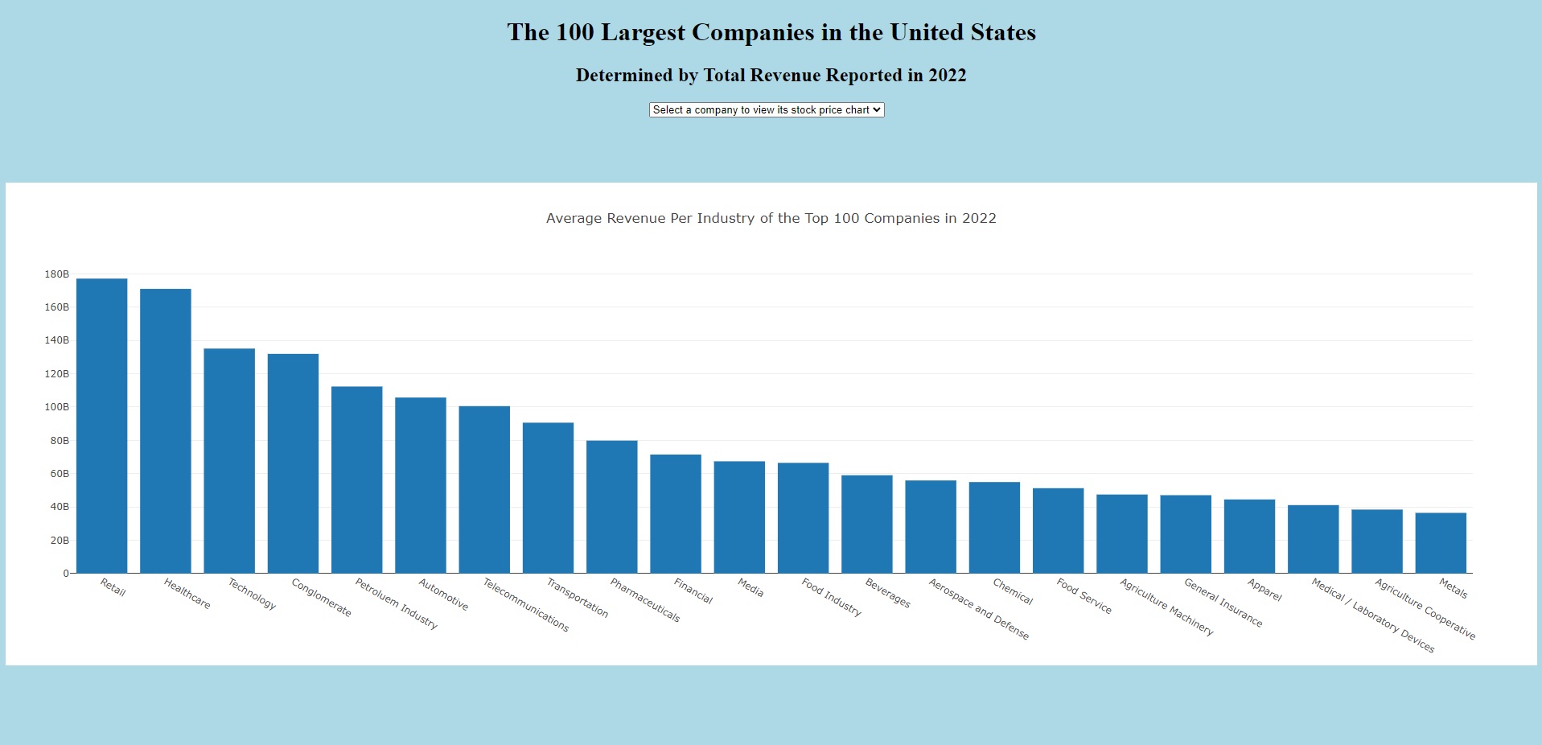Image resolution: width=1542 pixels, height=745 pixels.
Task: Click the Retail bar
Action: pyautogui.click(x=101, y=426)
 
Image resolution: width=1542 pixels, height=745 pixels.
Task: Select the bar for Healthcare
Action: pyautogui.click(x=165, y=431)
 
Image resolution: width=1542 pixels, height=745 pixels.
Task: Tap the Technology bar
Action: pyautogui.click(x=229, y=461)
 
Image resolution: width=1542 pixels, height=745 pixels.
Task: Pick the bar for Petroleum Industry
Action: pyautogui.click(x=356, y=480)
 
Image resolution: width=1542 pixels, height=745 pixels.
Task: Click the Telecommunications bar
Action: pyautogui.click(x=484, y=490)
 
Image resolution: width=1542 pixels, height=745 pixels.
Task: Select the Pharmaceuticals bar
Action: pyautogui.click(x=611, y=507)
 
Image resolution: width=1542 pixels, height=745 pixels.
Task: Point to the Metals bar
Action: pyautogui.click(x=1441, y=543)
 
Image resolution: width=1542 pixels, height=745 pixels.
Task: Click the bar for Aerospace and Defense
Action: pyautogui.click(x=931, y=527)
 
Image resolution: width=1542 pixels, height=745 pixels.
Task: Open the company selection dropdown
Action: pyautogui.click(x=767, y=110)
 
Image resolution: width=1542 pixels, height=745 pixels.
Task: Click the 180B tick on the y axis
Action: pyautogui.click(x=56, y=274)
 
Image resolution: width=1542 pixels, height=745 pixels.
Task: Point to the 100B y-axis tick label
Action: pyautogui.click(x=56, y=407)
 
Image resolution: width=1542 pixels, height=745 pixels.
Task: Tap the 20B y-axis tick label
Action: pyautogui.click(x=60, y=541)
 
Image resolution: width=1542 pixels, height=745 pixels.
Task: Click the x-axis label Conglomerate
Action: pyautogui.click(x=321, y=598)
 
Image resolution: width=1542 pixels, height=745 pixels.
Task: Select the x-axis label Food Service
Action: pyautogui.click(x=1084, y=596)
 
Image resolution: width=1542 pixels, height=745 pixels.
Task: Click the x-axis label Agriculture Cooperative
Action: pyautogui.click(x=1425, y=609)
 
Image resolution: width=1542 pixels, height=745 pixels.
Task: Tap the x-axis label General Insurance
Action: pyautogui.click(x=1223, y=603)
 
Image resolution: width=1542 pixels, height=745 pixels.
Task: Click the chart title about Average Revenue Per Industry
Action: pyautogui.click(x=771, y=218)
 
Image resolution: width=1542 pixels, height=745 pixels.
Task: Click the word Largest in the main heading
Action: pyautogui.click(x=644, y=32)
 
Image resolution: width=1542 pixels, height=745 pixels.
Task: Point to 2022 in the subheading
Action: pyautogui.click(x=947, y=76)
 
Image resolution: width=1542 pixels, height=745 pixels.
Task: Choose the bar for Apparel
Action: pyautogui.click(x=1249, y=537)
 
